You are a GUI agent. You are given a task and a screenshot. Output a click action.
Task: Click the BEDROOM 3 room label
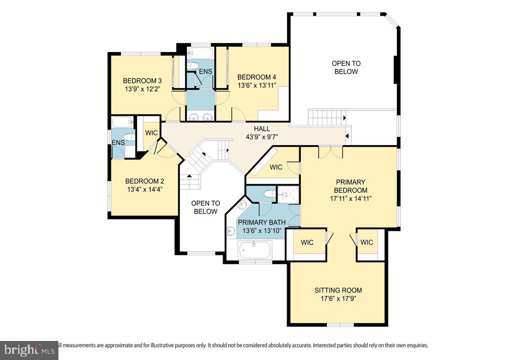pos(142,81)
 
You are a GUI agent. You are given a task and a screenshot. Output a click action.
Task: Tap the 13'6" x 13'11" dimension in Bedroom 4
pos(257,85)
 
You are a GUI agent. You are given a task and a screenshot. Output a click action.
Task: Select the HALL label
pos(262,129)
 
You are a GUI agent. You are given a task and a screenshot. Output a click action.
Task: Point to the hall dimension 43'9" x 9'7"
pos(262,137)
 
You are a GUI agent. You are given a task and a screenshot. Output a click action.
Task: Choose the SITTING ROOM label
pos(338,291)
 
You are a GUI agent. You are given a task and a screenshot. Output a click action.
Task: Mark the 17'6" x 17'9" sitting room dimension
pos(338,298)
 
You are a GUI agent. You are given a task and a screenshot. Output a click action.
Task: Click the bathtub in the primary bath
pos(255,250)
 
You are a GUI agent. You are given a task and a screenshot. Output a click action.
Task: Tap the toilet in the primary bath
pos(268,194)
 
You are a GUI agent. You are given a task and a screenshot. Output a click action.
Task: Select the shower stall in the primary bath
pos(288,194)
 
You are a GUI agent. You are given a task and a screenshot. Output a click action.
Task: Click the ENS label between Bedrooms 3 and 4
pos(206,72)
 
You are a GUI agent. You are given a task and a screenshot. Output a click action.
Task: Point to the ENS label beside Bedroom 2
pos(118,143)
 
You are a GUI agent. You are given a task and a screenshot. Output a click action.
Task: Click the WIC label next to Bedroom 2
pos(151,133)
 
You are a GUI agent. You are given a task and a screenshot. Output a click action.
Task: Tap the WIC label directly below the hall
pos(276,167)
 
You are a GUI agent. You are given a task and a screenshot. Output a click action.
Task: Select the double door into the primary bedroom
pos(331,152)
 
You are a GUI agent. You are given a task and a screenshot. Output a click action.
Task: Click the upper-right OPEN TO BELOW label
pos(346,67)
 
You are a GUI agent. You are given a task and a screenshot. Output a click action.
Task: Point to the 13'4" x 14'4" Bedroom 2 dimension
pos(144,189)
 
